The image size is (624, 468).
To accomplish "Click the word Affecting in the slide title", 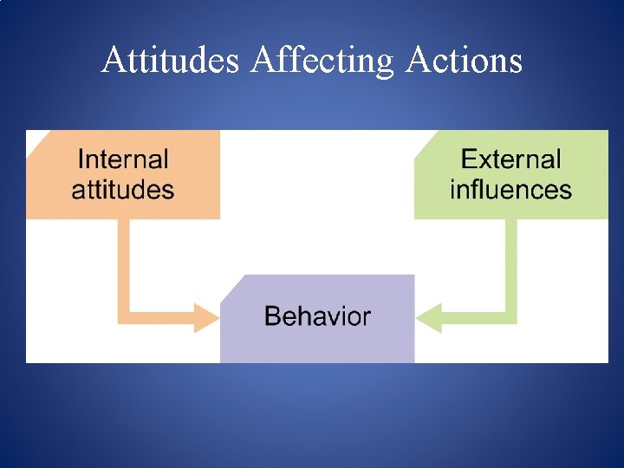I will (x=322, y=61).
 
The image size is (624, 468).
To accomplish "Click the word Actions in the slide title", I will (x=464, y=61).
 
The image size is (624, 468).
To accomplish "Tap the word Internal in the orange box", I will (x=123, y=159).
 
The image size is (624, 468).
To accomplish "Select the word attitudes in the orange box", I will (x=123, y=190).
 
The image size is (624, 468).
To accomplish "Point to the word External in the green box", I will (x=510, y=159).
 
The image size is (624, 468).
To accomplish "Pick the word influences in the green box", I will (x=510, y=190).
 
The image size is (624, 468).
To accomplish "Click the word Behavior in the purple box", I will (x=317, y=316).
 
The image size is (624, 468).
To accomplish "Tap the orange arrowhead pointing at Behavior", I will (x=208, y=317).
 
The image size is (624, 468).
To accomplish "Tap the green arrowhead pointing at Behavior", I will (x=428, y=317).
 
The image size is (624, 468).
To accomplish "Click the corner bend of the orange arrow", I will (x=124, y=317).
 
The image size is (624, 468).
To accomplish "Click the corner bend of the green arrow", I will (x=510, y=317).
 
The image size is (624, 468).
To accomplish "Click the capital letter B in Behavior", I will (x=271, y=316).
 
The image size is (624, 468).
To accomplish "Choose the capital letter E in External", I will (x=468, y=159).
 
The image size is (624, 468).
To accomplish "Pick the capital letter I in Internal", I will (x=81, y=159).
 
